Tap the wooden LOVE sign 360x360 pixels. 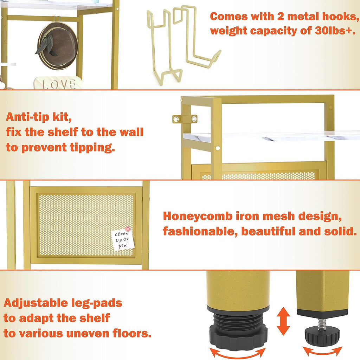(x=58, y=83)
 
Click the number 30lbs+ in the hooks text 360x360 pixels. (x=335, y=30)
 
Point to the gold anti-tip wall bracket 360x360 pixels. (x=185, y=119)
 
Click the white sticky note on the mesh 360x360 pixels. (x=123, y=240)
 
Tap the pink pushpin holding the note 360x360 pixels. (x=128, y=229)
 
